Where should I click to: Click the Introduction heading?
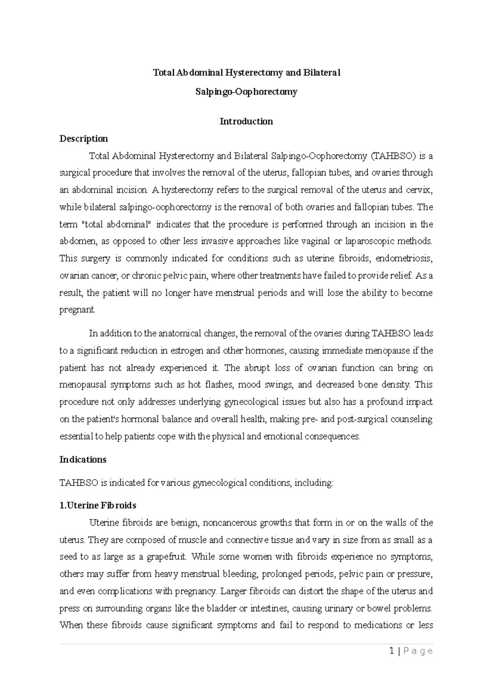246,121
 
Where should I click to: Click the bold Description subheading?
83,139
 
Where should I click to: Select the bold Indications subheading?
83,460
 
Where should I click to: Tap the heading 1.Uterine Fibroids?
98,505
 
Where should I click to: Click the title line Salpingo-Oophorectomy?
246,92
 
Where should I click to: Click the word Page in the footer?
417,651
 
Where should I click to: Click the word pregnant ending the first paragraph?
77,310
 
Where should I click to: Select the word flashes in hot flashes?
219,385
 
